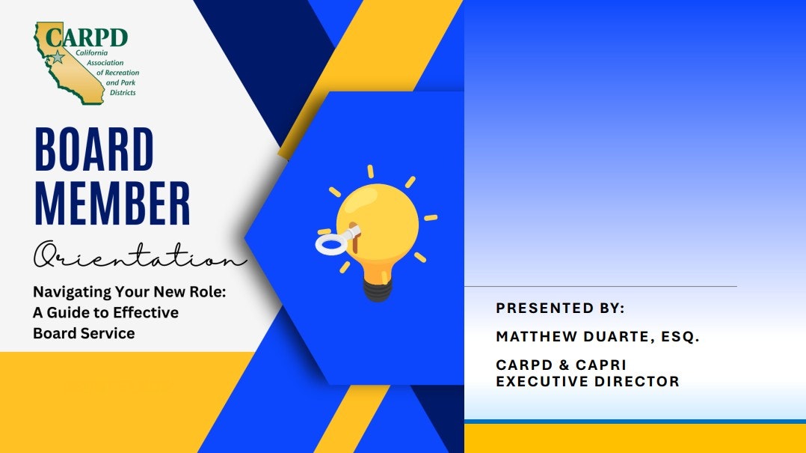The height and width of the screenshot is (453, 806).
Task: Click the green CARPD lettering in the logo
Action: pos(87,37)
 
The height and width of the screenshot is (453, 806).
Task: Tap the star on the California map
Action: pos(58,57)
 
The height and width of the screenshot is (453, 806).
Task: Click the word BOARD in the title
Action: pos(94,149)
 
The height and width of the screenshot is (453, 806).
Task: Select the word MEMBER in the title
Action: pos(112,204)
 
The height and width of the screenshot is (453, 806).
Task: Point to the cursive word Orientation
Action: pos(140,255)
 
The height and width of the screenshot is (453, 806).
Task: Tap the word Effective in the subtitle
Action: pos(146,312)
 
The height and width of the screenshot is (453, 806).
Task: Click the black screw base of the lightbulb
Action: pos(378,289)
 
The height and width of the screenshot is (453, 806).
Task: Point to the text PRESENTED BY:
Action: pos(560,308)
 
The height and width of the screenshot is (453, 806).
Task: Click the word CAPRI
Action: pos(601,365)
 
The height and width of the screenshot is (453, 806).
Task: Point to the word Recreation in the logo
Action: pos(122,73)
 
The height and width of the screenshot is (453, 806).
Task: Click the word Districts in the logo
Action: pos(123,93)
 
